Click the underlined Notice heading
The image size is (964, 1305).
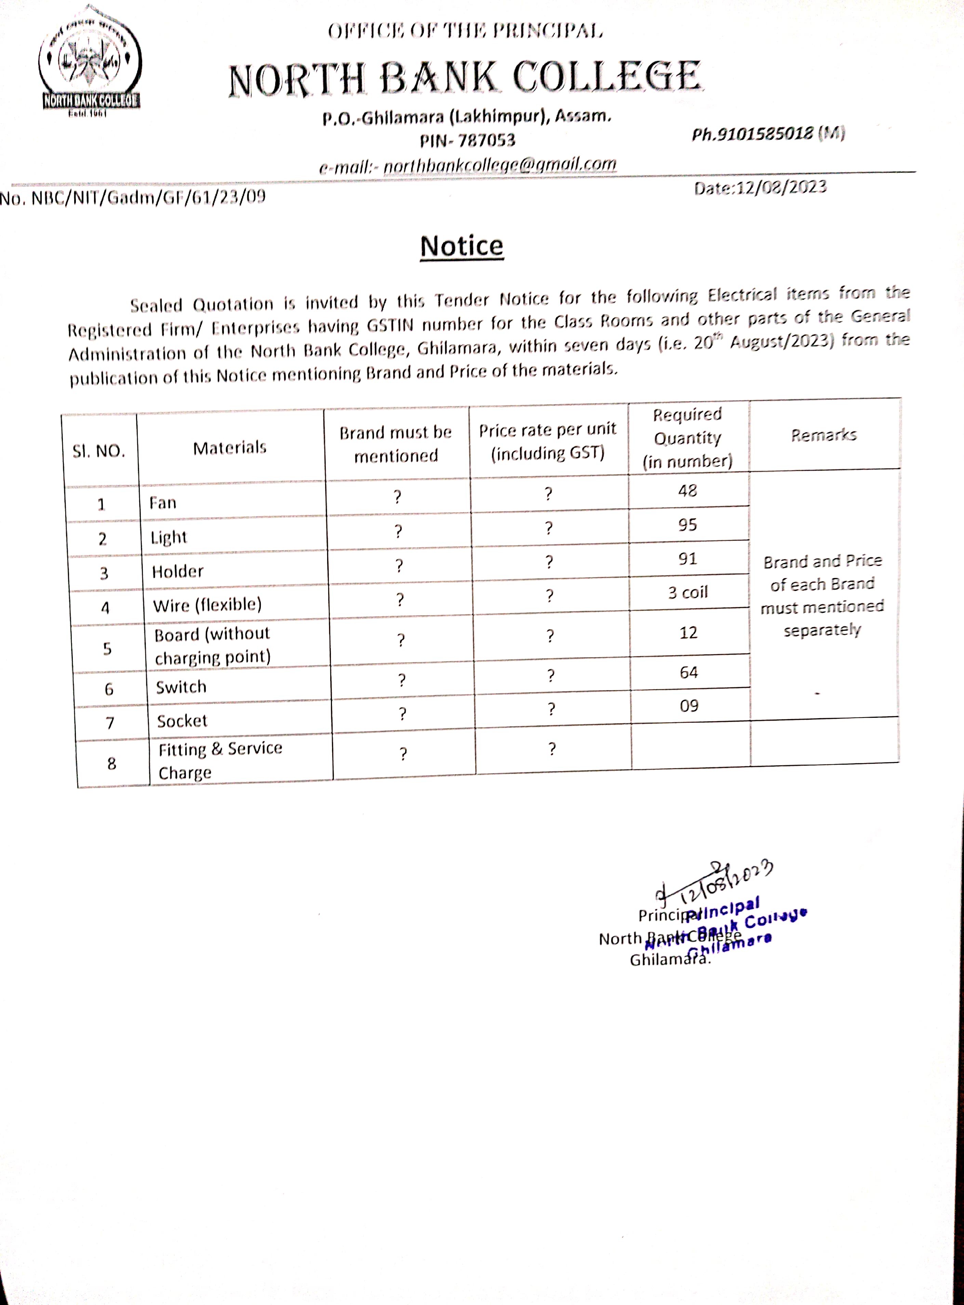pos(461,246)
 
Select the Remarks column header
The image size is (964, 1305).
pos(824,435)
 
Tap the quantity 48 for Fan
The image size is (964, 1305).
pos(687,491)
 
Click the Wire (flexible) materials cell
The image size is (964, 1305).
pos(207,605)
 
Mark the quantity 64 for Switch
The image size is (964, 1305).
pos(688,673)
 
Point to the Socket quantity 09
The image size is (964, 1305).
pos(689,706)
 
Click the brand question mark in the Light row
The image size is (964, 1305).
pos(398,532)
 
